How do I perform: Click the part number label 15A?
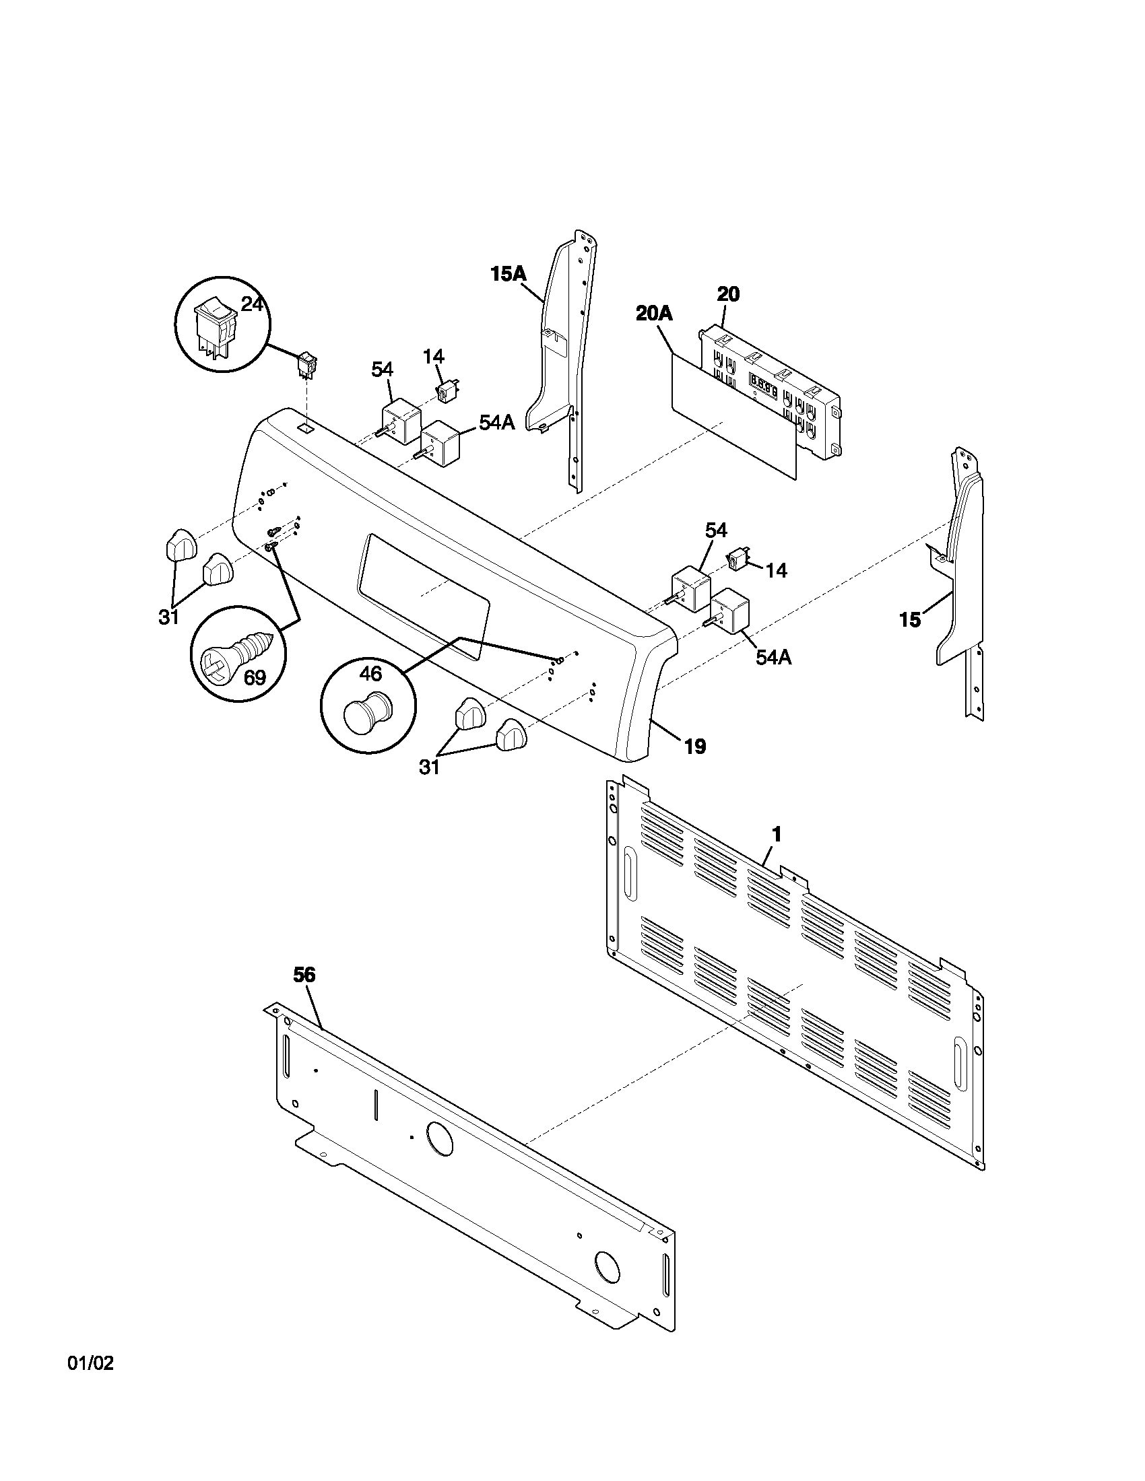(508, 274)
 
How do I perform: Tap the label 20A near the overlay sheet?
(654, 313)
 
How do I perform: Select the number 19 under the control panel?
(694, 747)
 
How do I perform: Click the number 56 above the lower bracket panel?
(304, 975)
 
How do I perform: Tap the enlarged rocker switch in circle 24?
(215, 323)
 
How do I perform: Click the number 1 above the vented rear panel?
(777, 834)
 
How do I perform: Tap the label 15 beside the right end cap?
(910, 619)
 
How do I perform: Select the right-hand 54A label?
(774, 657)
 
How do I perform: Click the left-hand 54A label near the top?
(496, 422)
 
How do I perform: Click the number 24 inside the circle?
(252, 304)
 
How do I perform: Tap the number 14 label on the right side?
(776, 570)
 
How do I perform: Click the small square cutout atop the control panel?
(306, 429)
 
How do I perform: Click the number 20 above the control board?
(728, 294)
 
